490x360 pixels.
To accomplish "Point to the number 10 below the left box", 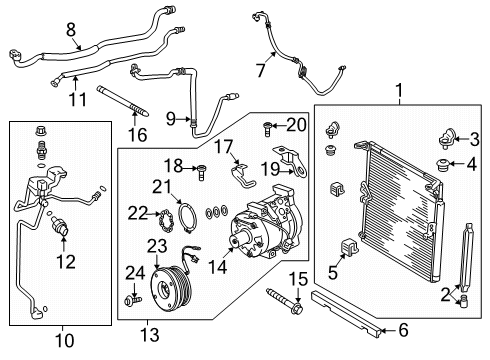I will coord(62,341).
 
